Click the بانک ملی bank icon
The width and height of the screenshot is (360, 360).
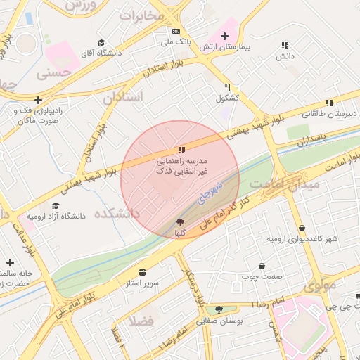tap(175, 31)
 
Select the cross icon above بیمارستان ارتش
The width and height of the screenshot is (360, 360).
tap(224, 35)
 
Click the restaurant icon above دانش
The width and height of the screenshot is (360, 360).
tap(284, 44)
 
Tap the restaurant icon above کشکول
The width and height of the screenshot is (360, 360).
tap(227, 86)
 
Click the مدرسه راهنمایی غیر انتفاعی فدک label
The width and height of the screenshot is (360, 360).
tap(181, 166)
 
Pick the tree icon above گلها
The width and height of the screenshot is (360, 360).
tap(181, 221)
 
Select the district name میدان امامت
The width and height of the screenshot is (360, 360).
tap(295, 184)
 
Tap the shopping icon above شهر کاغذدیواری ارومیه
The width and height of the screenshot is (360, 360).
tap(302, 228)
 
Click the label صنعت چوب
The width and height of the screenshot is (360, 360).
tap(264, 277)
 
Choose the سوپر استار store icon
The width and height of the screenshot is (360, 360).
tap(143, 272)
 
